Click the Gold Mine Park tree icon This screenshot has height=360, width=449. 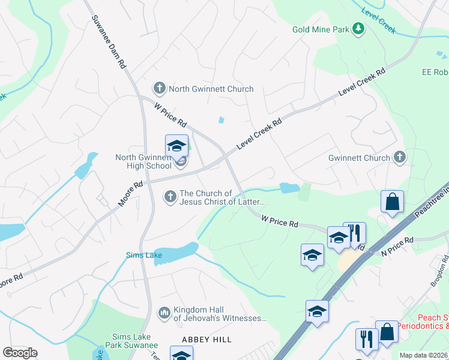[x=358, y=29]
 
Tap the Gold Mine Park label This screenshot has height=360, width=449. [x=321, y=29]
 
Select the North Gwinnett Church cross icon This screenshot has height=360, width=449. [x=160, y=89]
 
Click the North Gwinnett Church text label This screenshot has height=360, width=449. [x=211, y=89]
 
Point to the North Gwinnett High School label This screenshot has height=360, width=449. [x=143, y=162]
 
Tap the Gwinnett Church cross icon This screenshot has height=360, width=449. [x=400, y=158]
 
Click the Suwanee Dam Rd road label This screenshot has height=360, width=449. [x=109, y=39]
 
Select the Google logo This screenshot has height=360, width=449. [x=20, y=353]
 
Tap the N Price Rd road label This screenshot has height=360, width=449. [x=398, y=246]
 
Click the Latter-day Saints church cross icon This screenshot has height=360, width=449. [x=170, y=197]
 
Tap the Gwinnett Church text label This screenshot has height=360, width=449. [x=359, y=158]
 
